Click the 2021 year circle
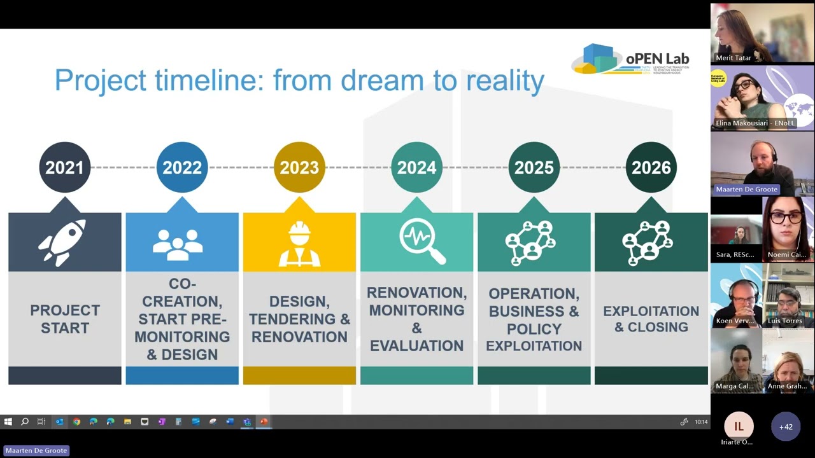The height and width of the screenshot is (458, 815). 64,167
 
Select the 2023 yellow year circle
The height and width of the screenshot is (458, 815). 299,167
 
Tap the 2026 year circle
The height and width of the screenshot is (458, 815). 651,167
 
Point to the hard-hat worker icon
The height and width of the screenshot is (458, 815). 299,244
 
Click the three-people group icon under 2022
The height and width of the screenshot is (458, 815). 178,244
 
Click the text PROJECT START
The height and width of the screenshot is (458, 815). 65,319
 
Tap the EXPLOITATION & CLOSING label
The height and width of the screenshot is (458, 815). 651,319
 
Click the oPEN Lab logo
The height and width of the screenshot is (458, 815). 630,60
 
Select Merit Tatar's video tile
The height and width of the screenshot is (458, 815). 762,33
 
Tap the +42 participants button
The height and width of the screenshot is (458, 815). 786,427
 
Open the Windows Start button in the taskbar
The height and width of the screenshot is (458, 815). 8,422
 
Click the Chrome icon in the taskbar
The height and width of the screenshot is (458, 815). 76,422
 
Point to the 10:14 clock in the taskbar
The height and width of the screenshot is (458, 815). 701,422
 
